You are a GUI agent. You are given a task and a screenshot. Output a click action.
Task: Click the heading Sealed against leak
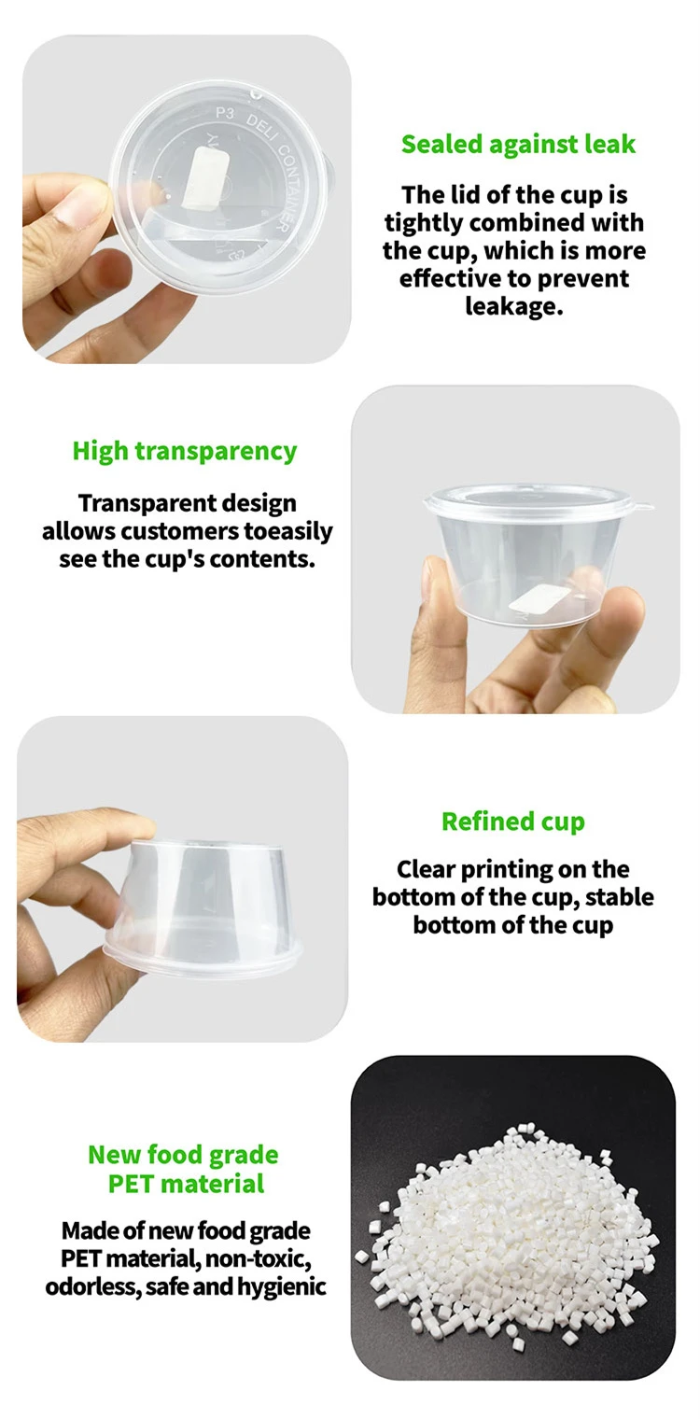click(x=518, y=145)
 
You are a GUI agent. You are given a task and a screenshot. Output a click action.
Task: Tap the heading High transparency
click(x=185, y=452)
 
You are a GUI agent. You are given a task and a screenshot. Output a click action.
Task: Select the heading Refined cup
click(x=513, y=822)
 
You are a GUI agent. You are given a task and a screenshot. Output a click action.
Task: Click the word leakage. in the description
click(x=513, y=306)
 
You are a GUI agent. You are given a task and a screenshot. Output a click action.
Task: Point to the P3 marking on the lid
click(x=225, y=114)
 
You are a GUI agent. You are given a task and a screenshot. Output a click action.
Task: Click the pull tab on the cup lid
click(x=642, y=506)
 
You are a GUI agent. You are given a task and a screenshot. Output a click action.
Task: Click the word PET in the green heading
click(x=132, y=1184)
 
